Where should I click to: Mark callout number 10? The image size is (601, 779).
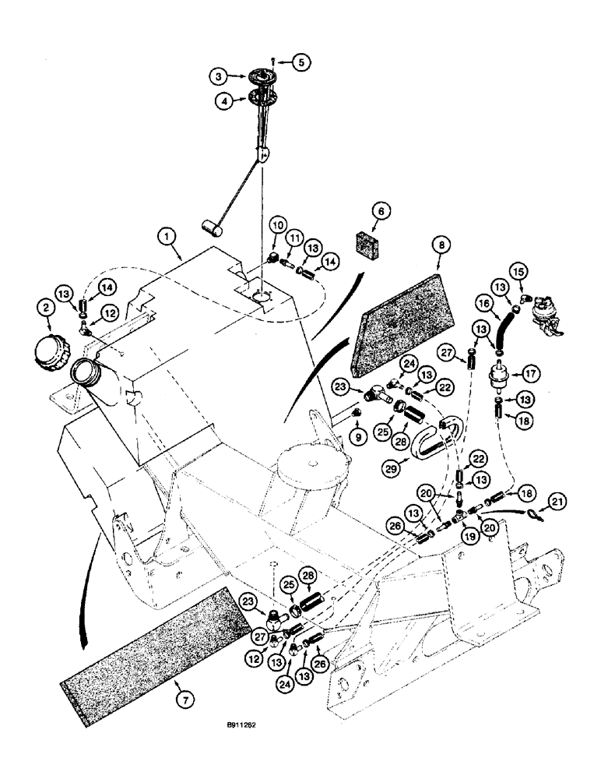point(279,226)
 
